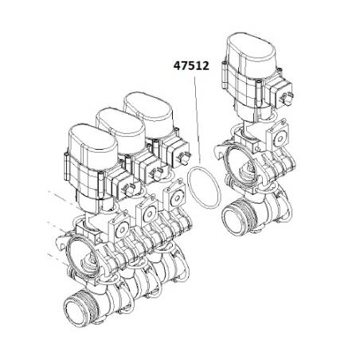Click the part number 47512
pyautogui.click(x=191, y=66)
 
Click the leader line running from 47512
pyautogui.click(x=198, y=120)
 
